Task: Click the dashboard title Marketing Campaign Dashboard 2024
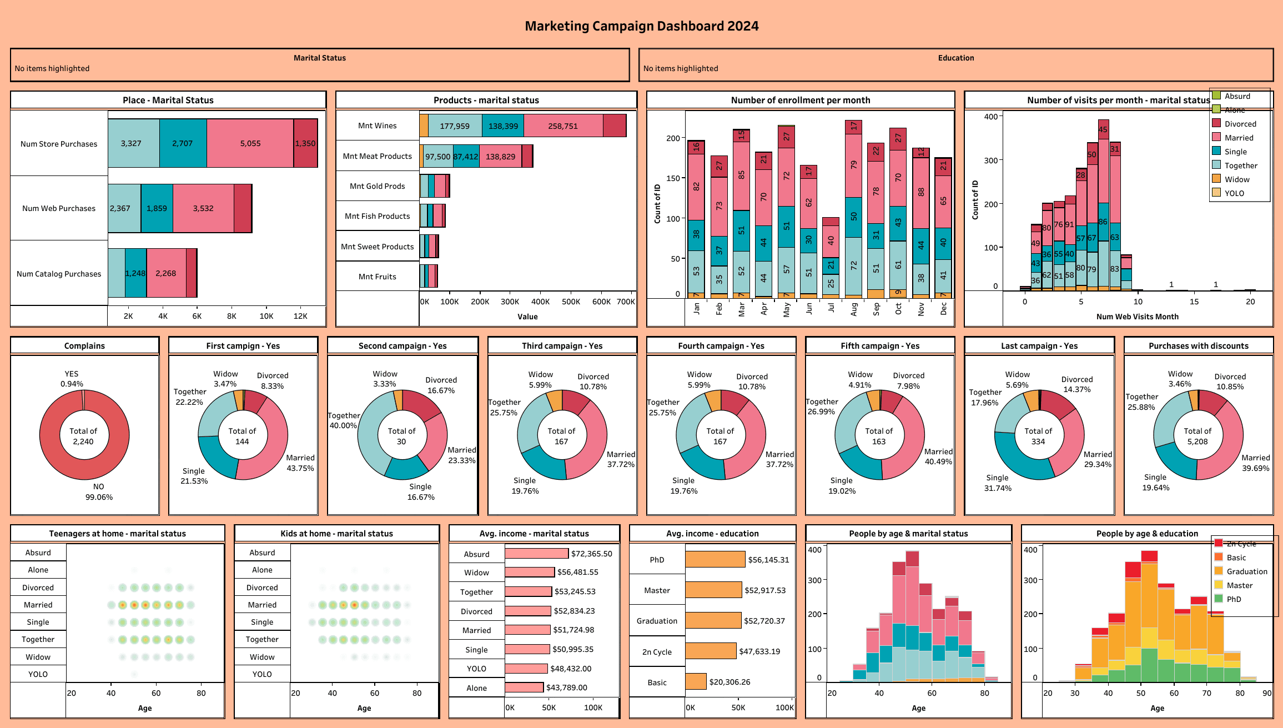pos(641,26)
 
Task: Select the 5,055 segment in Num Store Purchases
pos(250,143)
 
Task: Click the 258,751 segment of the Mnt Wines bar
pos(563,126)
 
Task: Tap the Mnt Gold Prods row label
pos(377,186)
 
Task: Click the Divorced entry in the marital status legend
pos(1240,124)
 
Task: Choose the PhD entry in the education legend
pos(1234,599)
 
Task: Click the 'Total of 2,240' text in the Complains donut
pos(83,436)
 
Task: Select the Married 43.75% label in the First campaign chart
pos(300,463)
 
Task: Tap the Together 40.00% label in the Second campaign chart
pos(343,420)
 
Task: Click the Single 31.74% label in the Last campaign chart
pos(998,483)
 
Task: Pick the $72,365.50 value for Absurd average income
pos(591,554)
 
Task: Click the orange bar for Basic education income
pos(696,681)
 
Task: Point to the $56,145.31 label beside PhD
pos(768,560)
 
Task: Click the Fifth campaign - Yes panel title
pos(880,345)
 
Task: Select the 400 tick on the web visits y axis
pos(990,117)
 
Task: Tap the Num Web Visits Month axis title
pos(1137,317)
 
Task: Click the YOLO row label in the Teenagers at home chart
pos(38,674)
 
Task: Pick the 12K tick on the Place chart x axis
pos(300,316)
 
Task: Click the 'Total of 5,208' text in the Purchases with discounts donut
pos(1198,436)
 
